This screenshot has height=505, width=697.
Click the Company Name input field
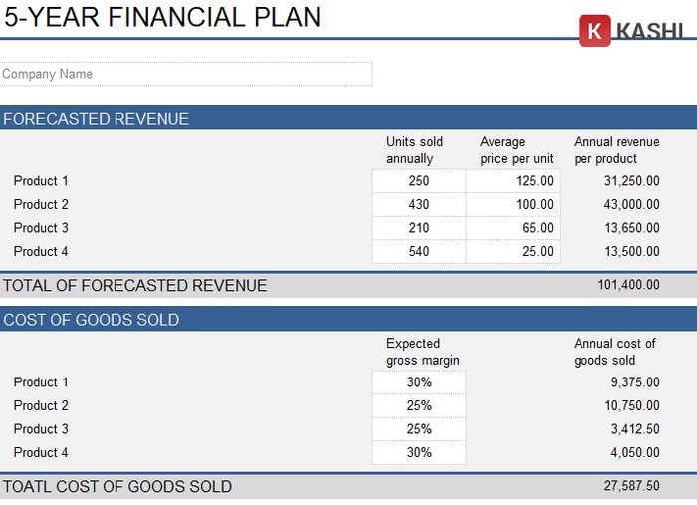click(x=186, y=74)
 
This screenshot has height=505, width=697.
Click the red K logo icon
click(x=594, y=31)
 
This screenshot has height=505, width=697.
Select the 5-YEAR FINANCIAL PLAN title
click(x=163, y=17)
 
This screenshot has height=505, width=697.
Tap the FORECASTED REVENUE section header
click(x=97, y=119)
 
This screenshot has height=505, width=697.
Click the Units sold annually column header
click(x=415, y=150)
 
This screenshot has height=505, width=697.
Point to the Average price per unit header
click(x=516, y=150)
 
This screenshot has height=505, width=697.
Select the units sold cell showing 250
click(x=419, y=181)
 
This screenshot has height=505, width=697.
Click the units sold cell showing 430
click(x=419, y=204)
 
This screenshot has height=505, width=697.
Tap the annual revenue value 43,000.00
click(x=631, y=204)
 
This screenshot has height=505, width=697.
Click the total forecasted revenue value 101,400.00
click(x=628, y=285)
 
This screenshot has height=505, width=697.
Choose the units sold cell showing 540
click(x=419, y=252)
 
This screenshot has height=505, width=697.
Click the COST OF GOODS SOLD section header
click(x=92, y=320)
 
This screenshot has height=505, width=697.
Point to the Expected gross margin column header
click(x=423, y=352)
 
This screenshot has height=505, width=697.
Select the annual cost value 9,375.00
click(x=634, y=382)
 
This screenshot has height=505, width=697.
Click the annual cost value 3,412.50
click(x=634, y=429)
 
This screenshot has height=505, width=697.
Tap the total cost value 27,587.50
click(x=631, y=486)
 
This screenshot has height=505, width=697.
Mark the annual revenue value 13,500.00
click(x=631, y=252)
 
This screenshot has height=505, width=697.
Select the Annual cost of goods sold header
click(x=614, y=352)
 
